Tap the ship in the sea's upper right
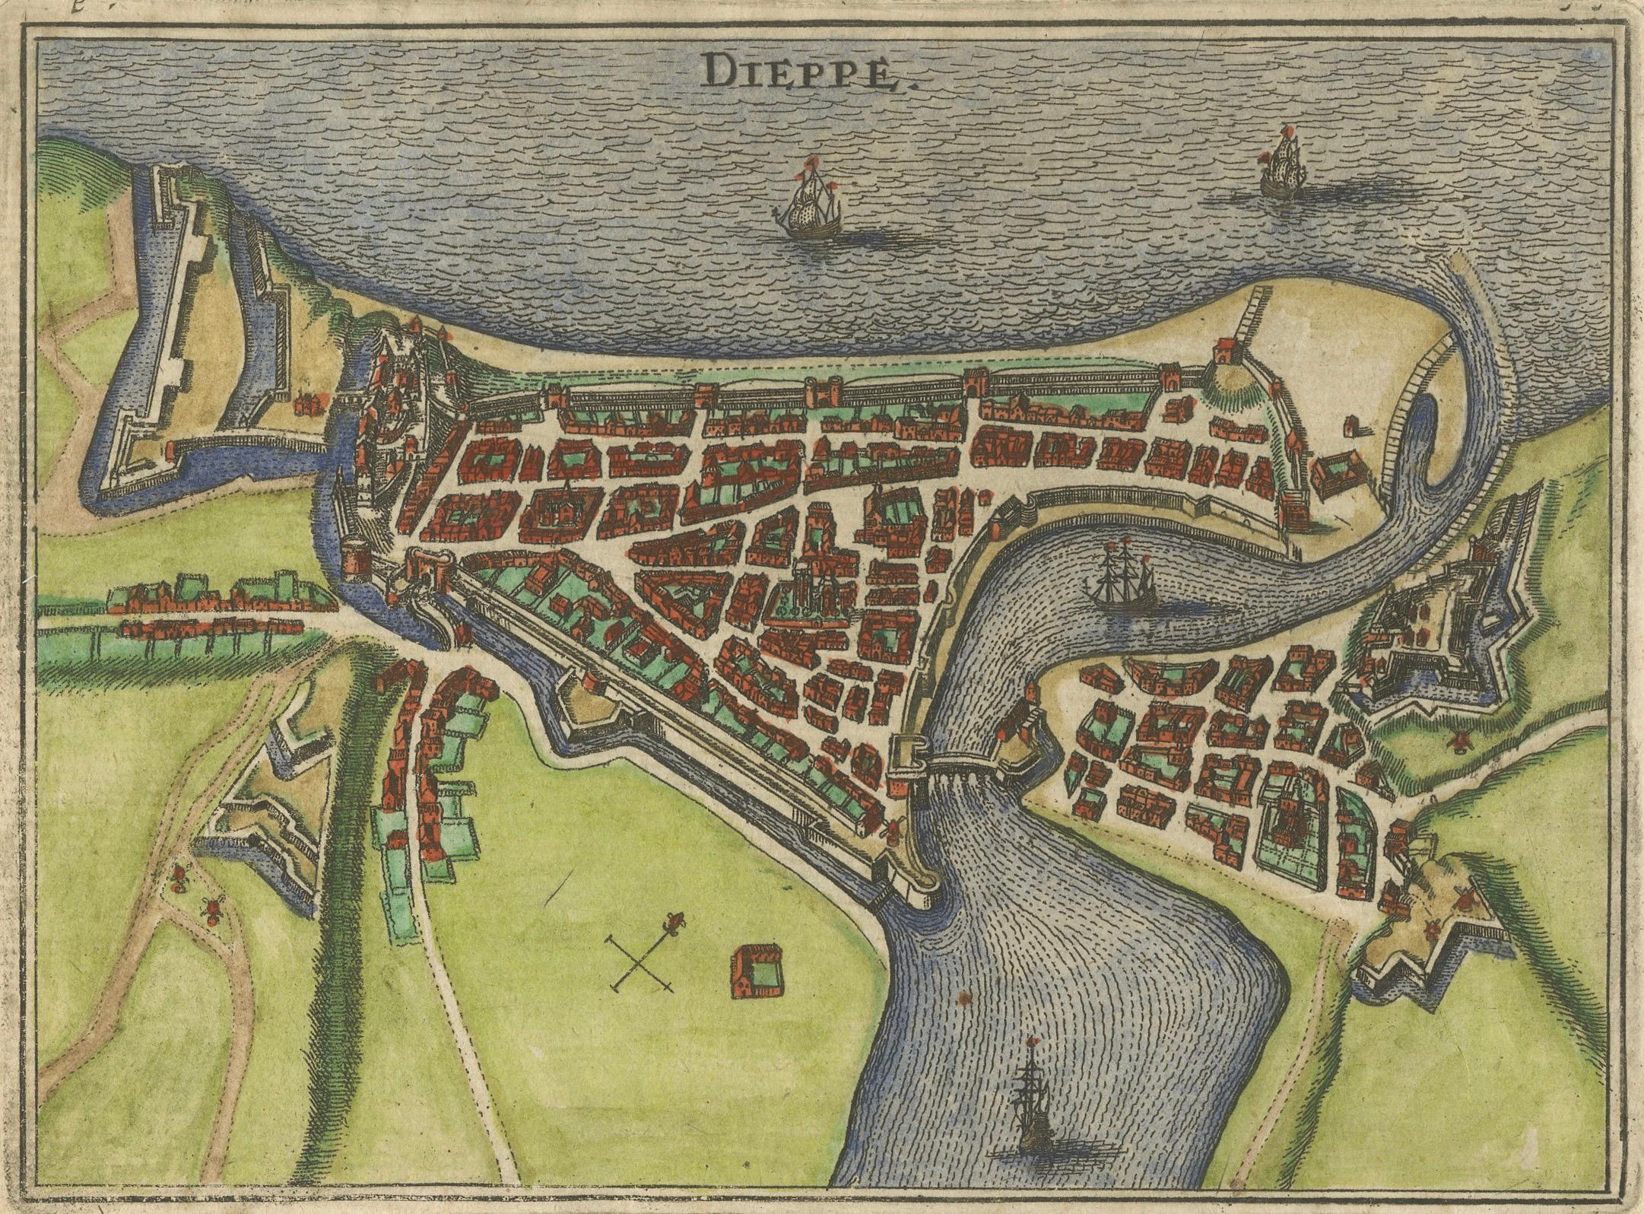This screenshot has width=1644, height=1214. pos(1282,166)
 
